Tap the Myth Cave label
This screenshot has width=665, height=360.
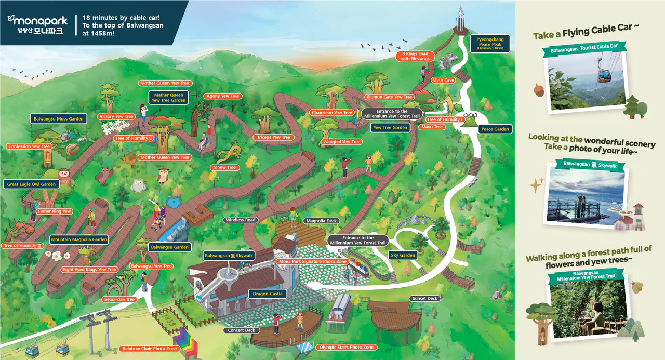pos(443,81)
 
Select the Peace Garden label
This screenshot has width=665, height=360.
pos(495,129)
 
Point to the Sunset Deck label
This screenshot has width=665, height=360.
pos(425,299)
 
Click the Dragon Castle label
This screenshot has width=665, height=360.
pos(268,294)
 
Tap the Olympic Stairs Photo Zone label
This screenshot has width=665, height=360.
pos(346,347)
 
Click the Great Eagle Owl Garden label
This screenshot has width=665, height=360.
pos(31,184)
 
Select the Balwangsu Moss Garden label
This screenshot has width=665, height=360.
pos(59,119)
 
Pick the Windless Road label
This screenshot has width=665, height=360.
pos(241,220)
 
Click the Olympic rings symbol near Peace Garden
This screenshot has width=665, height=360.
pos(470,116)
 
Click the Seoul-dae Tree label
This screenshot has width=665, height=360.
pos(119,300)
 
